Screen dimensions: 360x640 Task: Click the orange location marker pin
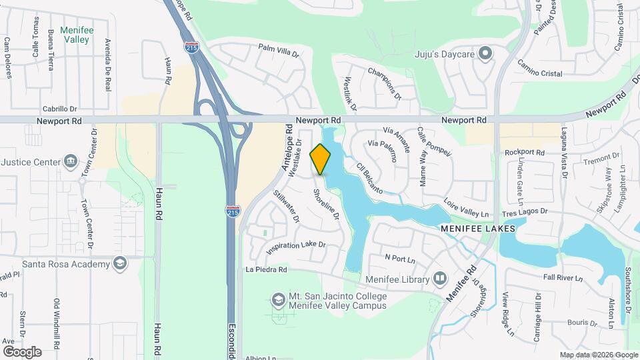321,159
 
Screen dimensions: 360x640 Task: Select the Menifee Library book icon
440,278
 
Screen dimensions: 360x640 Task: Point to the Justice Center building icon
70,161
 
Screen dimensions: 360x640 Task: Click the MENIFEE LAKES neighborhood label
478,228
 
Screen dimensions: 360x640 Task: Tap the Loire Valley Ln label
467,207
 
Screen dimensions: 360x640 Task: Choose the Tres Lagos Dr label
525,211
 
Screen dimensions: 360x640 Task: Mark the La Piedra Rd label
266,270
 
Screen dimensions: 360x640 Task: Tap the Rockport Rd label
525,153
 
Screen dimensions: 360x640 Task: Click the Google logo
22,351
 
